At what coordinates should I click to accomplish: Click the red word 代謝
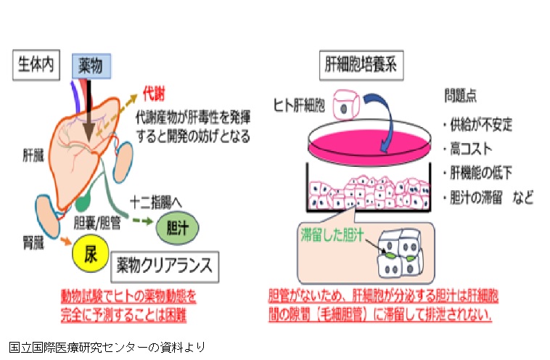pos(153,94)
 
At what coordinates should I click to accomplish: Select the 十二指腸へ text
pos(155,198)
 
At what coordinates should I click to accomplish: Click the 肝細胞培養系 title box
pos(361,64)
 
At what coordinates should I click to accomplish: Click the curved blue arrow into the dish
pos(382,109)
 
